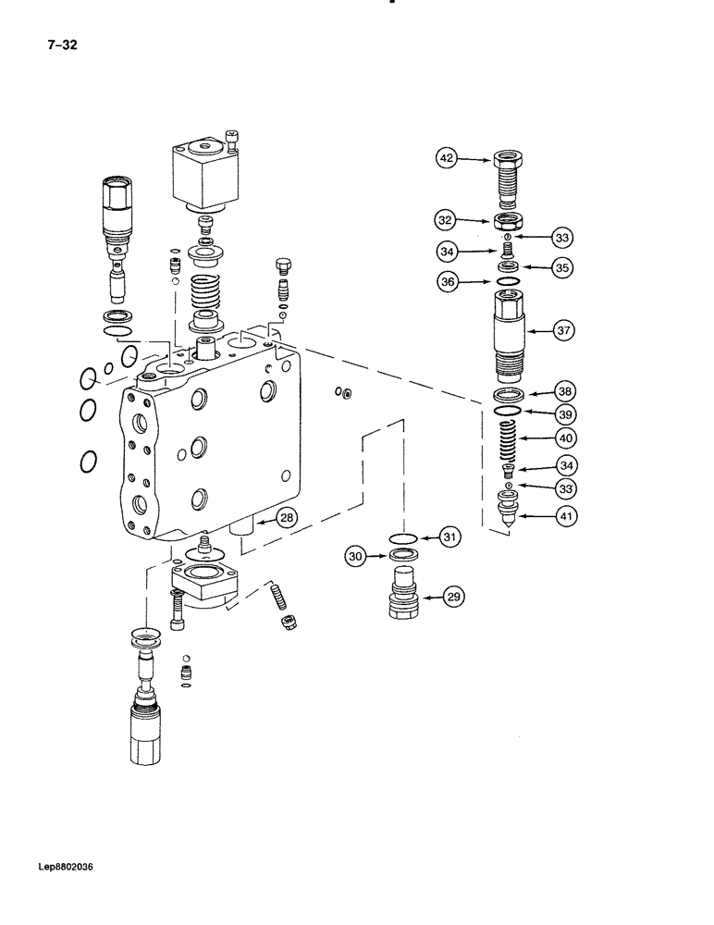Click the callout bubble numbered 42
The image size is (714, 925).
tap(447, 160)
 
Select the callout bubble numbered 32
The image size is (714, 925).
tap(447, 220)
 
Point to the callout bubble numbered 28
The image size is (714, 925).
tap(287, 518)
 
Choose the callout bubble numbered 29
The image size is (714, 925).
tap(454, 598)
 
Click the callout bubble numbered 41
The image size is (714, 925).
tap(564, 519)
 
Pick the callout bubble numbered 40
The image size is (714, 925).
tap(564, 438)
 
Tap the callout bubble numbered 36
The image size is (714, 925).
tap(447, 285)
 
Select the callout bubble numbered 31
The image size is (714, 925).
tap(449, 536)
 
